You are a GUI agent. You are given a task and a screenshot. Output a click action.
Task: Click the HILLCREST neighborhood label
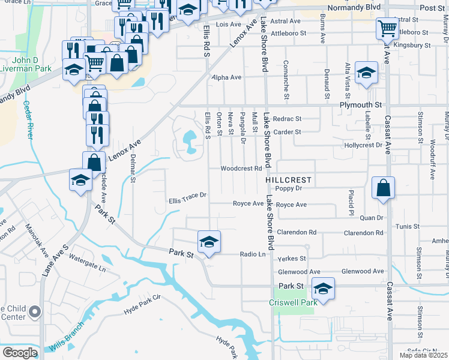click(x=288, y=180)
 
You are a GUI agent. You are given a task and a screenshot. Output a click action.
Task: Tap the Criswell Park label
click(x=292, y=304)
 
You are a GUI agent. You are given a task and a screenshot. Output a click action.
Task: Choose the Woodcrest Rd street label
click(x=241, y=169)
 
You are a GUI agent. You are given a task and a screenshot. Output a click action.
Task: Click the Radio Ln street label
click(x=253, y=254)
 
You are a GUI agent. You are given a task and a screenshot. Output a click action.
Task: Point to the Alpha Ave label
click(x=226, y=77)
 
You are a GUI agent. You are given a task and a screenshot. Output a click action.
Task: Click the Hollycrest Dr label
click(x=363, y=145)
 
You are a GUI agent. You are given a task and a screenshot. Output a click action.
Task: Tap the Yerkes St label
click(x=292, y=259)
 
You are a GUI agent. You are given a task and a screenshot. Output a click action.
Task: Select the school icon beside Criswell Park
click(x=323, y=290)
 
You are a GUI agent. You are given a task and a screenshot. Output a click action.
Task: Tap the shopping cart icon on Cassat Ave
click(x=387, y=28)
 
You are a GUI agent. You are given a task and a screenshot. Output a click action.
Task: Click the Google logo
click(x=20, y=353)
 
